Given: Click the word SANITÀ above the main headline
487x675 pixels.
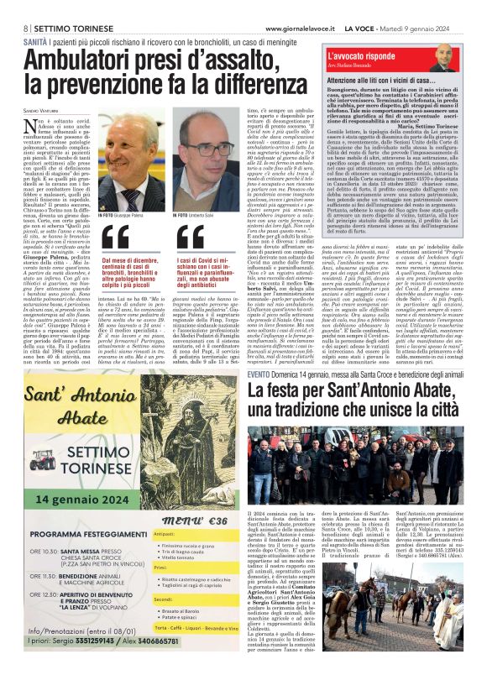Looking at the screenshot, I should [x=34, y=39].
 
